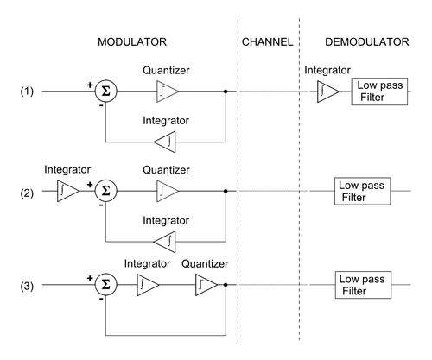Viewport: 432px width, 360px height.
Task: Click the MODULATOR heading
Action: [132, 42]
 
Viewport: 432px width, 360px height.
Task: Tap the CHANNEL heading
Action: [267, 42]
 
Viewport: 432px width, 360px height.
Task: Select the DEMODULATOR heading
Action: [367, 42]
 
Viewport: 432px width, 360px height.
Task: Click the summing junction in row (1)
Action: [106, 92]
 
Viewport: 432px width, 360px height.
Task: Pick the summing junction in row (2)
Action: [106, 191]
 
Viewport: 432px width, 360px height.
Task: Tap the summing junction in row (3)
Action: [106, 285]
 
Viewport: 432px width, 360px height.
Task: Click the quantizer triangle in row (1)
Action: [168, 92]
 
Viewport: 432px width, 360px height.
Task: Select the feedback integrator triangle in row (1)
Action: [164, 142]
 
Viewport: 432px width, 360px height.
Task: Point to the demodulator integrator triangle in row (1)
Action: [328, 92]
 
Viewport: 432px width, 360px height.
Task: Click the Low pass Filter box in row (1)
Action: [379, 92]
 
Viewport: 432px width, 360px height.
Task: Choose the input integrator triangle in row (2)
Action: [68, 191]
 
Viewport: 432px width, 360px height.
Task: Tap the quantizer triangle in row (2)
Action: [168, 191]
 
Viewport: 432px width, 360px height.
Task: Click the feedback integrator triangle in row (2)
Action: [164, 242]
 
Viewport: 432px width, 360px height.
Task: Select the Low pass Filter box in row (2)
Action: [363, 191]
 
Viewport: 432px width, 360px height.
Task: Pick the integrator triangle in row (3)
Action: [148, 285]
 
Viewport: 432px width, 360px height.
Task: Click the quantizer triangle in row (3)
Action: [206, 285]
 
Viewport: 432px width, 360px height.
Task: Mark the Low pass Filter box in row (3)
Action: [363, 285]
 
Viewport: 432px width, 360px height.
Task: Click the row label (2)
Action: [27, 193]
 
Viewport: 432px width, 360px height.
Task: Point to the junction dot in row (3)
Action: [226, 285]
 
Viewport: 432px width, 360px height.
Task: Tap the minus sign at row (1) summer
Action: [101, 106]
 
